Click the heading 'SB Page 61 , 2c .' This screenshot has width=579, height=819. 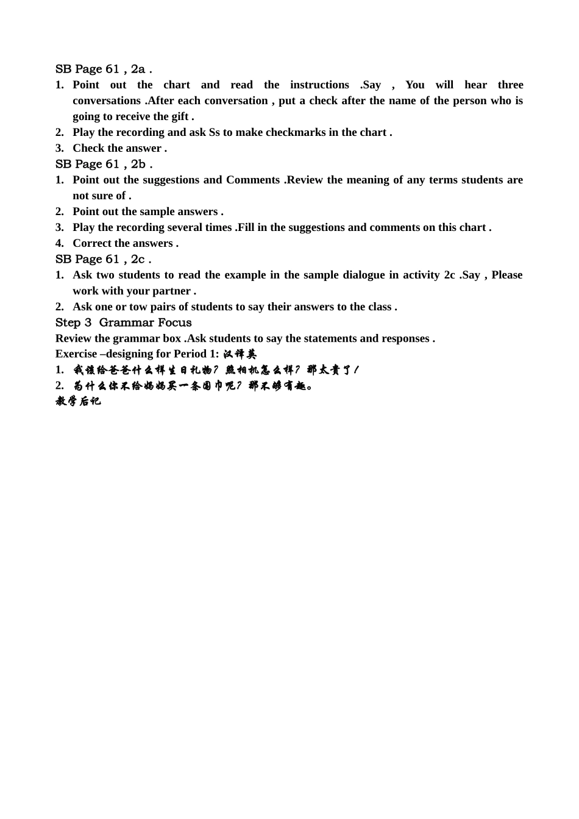click(103, 259)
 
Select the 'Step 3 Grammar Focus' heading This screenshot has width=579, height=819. click(123, 322)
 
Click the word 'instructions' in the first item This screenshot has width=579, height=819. click(319, 85)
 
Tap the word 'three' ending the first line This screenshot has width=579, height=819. click(510, 85)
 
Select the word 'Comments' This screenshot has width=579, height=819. click(252, 180)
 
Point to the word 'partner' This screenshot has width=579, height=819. click(170, 291)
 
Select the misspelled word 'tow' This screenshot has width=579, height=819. click(138, 307)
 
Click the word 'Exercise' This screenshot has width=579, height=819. click(76, 354)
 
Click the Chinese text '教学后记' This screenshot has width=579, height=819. click(78, 401)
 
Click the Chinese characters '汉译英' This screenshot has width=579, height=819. click(240, 354)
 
